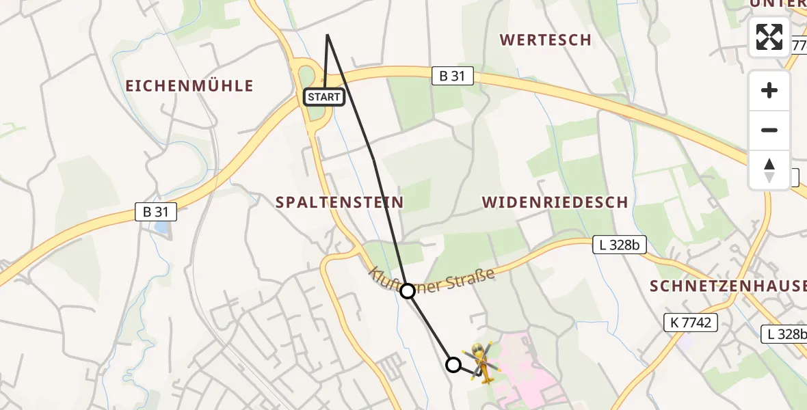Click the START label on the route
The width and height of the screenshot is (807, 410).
324,97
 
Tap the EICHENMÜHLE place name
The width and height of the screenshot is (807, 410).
189,86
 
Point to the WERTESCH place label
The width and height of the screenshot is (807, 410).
545,40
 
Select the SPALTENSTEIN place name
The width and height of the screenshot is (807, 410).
339,202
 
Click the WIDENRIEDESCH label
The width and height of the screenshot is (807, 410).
555,202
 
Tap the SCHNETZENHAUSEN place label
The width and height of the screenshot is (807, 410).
728,286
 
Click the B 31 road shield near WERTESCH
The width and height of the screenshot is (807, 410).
452,76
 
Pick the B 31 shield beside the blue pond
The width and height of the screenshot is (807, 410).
156,212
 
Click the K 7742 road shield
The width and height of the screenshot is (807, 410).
690,323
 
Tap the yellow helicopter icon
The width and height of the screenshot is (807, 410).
481,362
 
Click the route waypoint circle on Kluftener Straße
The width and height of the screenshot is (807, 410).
408,291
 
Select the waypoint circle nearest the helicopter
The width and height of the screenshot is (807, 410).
453,365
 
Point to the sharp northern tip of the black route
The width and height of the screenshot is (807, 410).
328,35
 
